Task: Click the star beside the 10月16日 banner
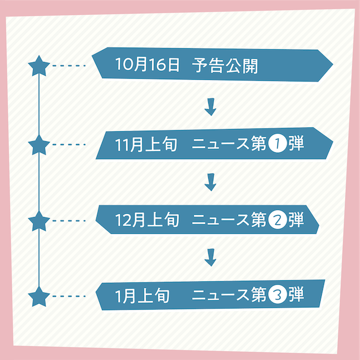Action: [39, 66]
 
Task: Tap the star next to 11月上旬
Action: [39, 145]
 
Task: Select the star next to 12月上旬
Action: [39, 221]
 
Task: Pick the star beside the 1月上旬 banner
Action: [39, 296]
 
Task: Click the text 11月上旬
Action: [146, 145]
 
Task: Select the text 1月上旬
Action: [142, 295]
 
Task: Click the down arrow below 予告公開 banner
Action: [210, 107]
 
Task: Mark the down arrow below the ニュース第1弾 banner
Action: [210, 182]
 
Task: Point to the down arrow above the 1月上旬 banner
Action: [210, 257]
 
